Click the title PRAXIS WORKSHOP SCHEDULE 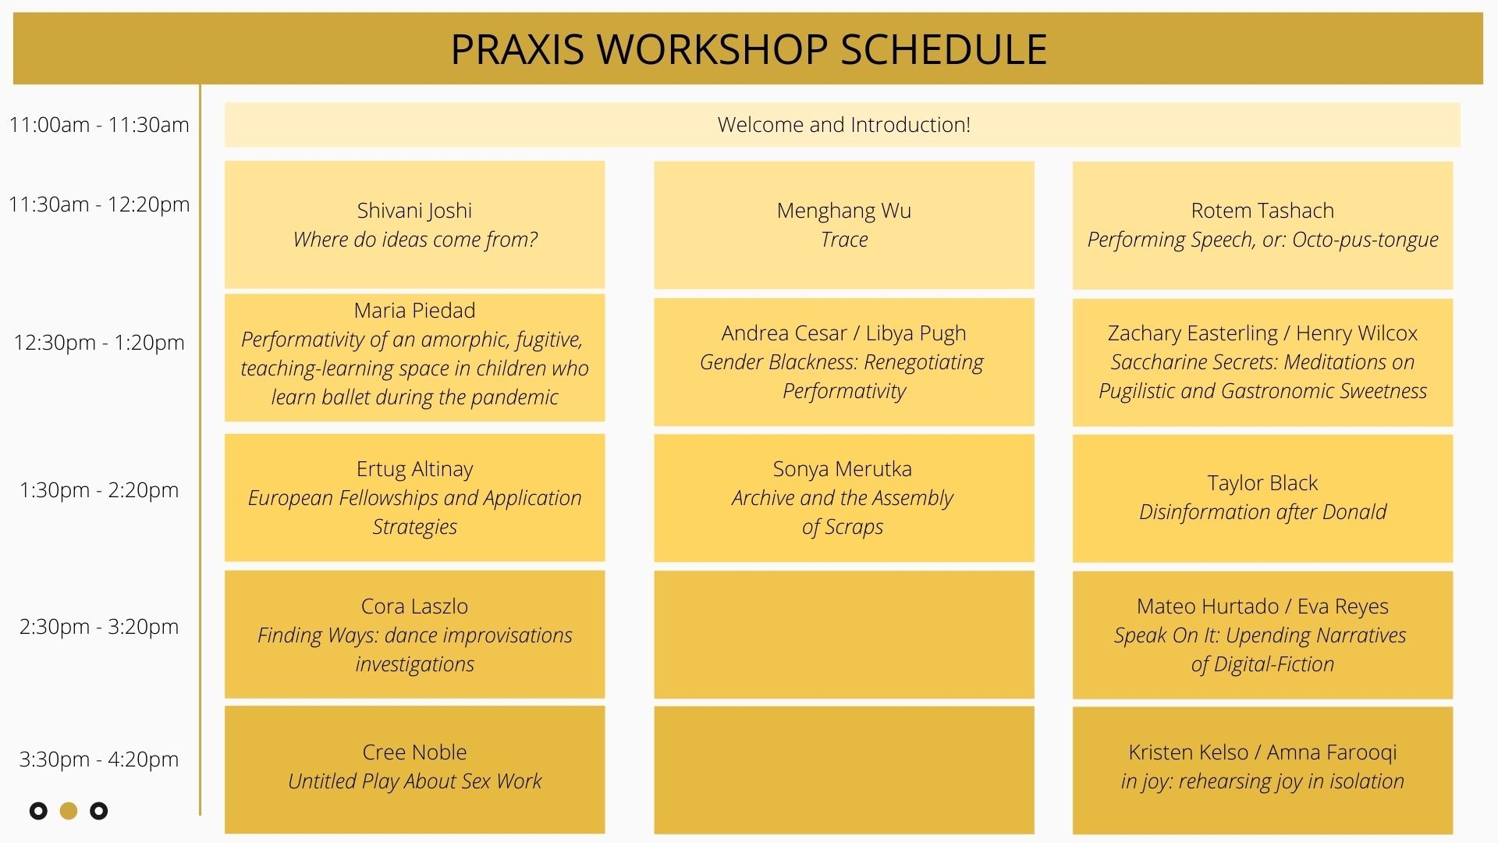pyautogui.click(x=748, y=49)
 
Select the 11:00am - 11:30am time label pyautogui.click(x=99, y=125)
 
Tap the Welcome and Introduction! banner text pyautogui.click(x=843, y=125)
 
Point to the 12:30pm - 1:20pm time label pyautogui.click(x=99, y=343)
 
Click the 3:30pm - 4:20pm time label pyautogui.click(x=99, y=759)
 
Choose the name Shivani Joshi pyautogui.click(x=414, y=211)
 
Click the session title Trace pyautogui.click(x=844, y=240)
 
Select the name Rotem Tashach pyautogui.click(x=1262, y=211)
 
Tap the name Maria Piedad pyautogui.click(x=414, y=311)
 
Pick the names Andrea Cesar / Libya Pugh pyautogui.click(x=843, y=333)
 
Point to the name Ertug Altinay pyautogui.click(x=414, y=469)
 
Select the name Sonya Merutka pyautogui.click(x=843, y=469)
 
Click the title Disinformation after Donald pyautogui.click(x=1262, y=512)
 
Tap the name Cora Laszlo pyautogui.click(x=414, y=606)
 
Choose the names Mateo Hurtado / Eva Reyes pyautogui.click(x=1262, y=606)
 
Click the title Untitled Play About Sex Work pyautogui.click(x=414, y=781)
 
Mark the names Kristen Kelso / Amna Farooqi pyautogui.click(x=1262, y=752)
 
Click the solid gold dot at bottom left pyautogui.click(x=69, y=811)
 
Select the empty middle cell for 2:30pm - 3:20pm pyautogui.click(x=844, y=635)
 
